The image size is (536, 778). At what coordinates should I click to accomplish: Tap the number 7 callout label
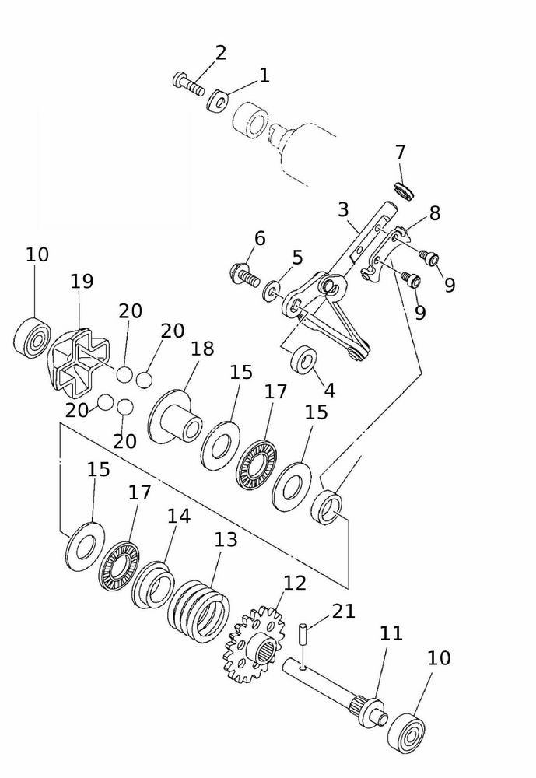pos(400,152)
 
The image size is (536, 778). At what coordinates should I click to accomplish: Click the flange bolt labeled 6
pos(243,275)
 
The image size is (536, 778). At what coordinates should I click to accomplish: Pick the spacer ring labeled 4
pos(303,360)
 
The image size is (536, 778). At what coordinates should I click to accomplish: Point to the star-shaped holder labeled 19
pos(77,359)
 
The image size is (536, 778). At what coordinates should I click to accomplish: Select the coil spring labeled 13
pos(200,610)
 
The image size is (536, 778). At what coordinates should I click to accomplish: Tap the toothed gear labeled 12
pos(254,644)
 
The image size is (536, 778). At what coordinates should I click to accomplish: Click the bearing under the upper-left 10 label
pos(33,335)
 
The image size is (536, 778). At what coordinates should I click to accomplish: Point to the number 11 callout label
pos(391,634)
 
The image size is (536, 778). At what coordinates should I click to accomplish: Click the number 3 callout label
pos(343,210)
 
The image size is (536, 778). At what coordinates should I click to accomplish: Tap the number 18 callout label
pos(201,349)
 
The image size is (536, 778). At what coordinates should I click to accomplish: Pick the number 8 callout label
pos(434,213)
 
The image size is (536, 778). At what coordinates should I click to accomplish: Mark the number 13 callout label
pos(226,539)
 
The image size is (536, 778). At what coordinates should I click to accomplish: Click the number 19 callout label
pos(82,281)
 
